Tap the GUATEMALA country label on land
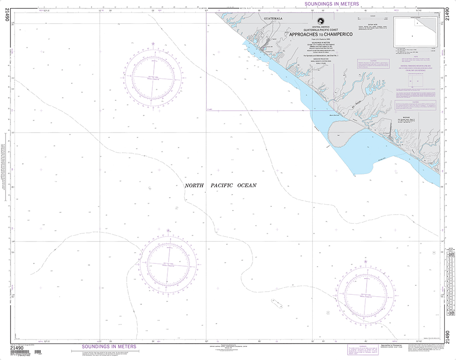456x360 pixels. pyautogui.click(x=273, y=19)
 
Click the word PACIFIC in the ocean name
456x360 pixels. pyautogui.click(x=222, y=185)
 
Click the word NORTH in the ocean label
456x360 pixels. pyautogui.click(x=194, y=185)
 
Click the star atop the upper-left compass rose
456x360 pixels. pyautogui.click(x=153, y=44)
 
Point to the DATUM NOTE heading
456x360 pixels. pyautogui.click(x=373, y=24)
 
